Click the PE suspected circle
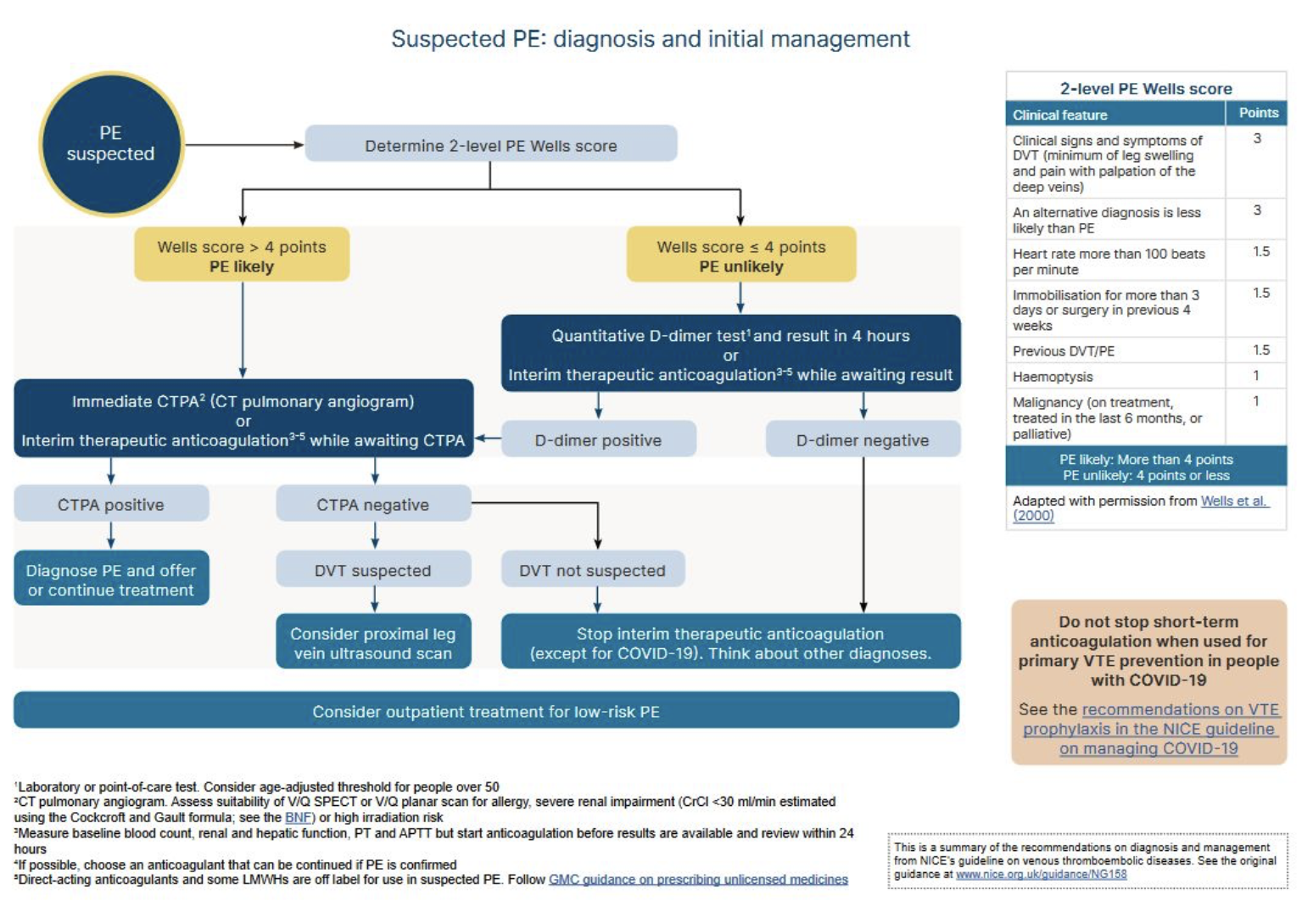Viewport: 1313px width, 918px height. click(111, 144)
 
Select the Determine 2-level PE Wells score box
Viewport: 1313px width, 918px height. click(490, 145)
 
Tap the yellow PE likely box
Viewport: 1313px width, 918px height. click(242, 255)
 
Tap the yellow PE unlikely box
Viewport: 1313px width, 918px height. click(740, 255)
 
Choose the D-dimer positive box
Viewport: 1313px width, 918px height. click(598, 440)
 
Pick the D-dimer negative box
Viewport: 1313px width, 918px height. click(863, 440)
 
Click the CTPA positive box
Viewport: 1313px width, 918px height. click(111, 505)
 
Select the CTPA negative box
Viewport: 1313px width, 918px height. click(373, 505)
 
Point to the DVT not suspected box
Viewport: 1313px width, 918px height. click(592, 570)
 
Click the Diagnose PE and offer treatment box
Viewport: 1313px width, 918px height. click(111, 579)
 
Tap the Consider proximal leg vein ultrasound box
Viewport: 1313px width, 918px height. click(373, 643)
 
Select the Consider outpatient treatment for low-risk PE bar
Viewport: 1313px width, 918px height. click(486, 711)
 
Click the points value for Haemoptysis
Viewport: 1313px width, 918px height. click(1256, 376)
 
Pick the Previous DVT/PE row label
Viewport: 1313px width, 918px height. click(1064, 351)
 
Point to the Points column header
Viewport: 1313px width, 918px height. click(1258, 113)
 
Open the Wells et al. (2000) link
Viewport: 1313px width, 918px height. click(1233, 501)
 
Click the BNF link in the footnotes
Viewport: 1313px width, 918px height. click(298, 818)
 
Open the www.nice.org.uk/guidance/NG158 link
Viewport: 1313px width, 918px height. click(1041, 875)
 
